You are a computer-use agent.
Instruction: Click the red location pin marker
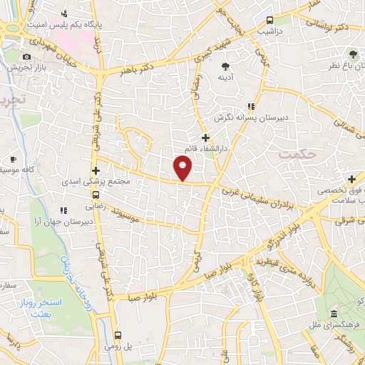tap(183, 168)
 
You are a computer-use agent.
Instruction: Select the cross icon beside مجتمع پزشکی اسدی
tap(96, 170)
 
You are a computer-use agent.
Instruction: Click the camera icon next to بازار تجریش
tap(26, 57)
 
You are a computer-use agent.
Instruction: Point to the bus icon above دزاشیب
tap(269, 20)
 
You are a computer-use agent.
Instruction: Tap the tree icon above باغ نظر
tap(352, 54)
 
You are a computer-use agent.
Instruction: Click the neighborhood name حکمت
tap(297, 153)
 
